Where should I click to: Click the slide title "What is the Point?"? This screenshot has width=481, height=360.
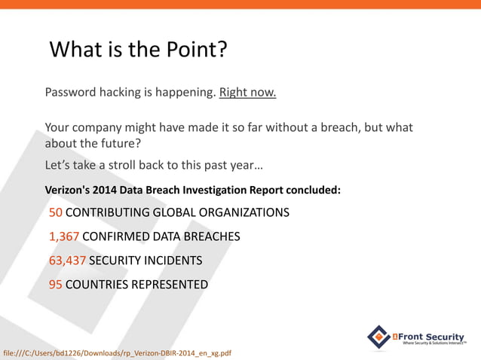point(138,50)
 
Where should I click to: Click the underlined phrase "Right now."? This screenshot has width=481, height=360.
point(247,93)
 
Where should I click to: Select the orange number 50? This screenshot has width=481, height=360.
point(56,212)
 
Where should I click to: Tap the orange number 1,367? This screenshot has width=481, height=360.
point(63,236)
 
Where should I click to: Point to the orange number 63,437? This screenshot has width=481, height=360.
point(67,261)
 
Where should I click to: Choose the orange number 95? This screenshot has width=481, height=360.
point(56,285)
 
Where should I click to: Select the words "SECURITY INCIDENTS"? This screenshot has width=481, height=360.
point(146,261)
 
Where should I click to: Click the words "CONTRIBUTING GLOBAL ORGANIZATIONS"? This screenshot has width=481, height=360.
point(177,212)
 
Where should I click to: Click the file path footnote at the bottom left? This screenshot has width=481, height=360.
point(117,352)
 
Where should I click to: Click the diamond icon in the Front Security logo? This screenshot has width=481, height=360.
point(378,336)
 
